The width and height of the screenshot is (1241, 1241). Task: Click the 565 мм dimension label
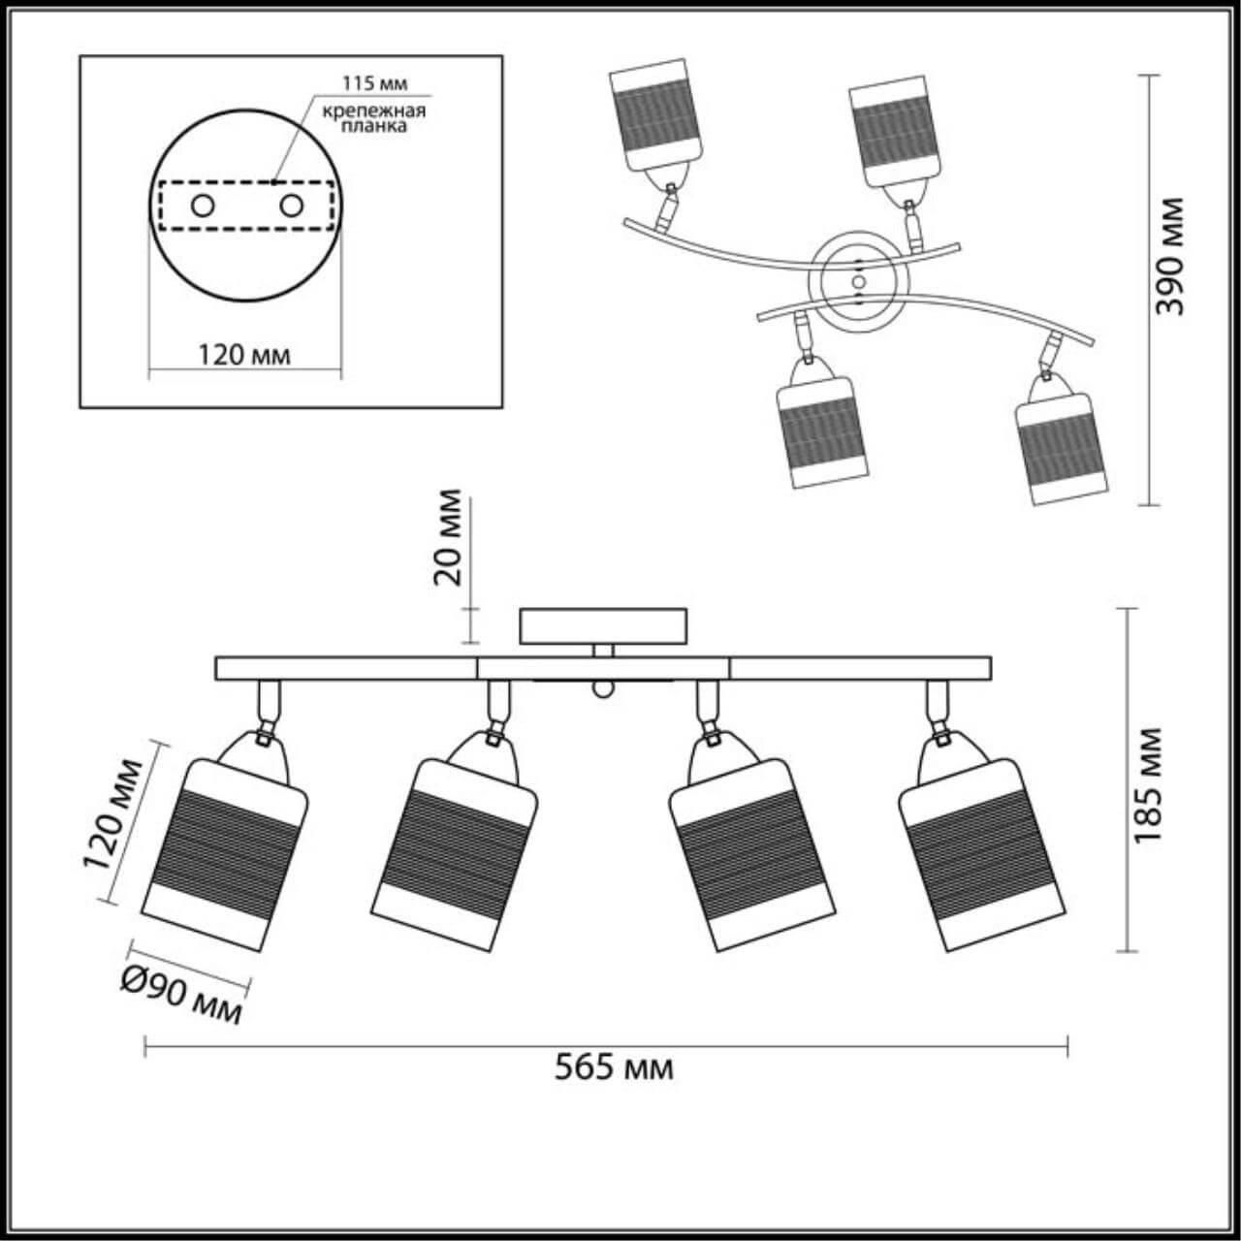click(x=614, y=1067)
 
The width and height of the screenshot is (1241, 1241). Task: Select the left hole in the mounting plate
click(x=204, y=206)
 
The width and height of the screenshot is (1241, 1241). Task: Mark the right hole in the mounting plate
click(x=290, y=206)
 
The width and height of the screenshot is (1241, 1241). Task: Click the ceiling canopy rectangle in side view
click(x=603, y=626)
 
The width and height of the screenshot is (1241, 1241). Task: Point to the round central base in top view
click(x=859, y=279)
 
